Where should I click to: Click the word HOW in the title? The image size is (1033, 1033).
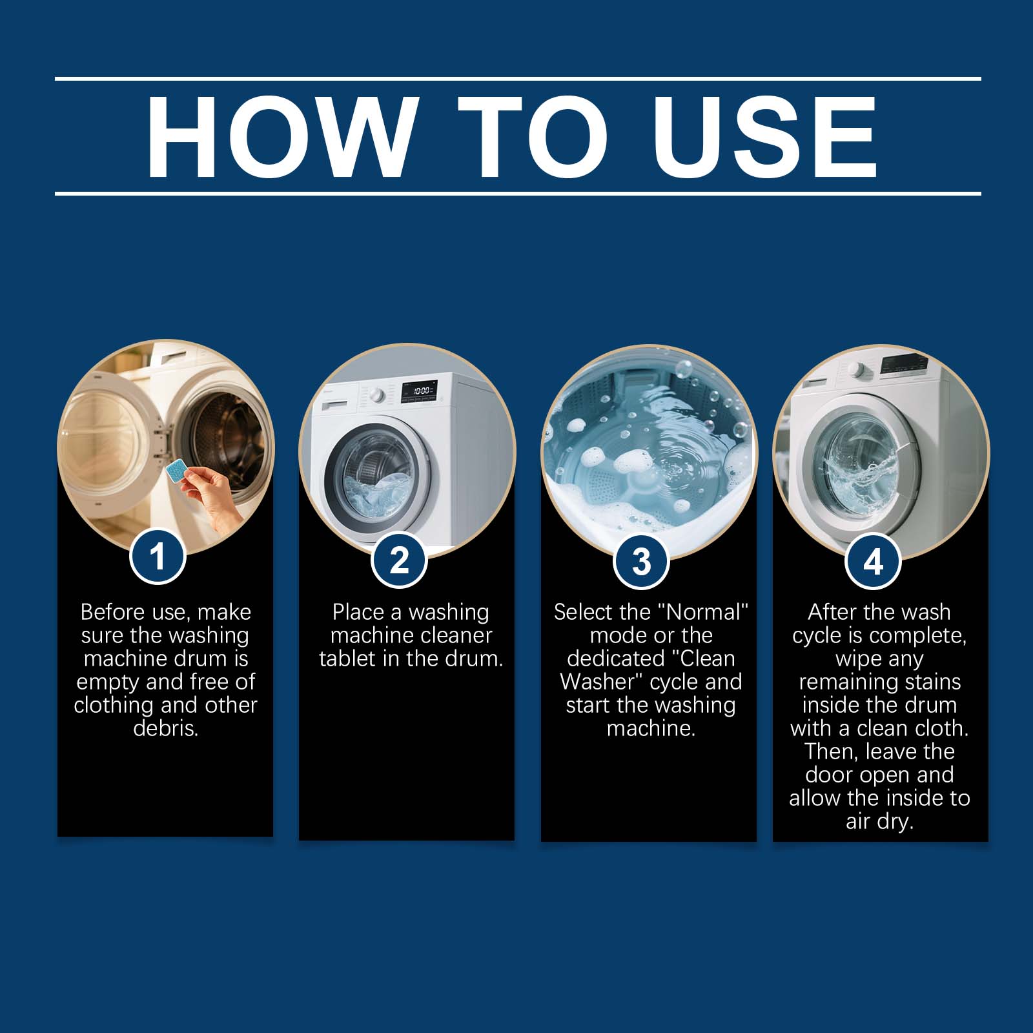[x=280, y=137]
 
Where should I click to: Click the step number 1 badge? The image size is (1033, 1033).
[x=158, y=556]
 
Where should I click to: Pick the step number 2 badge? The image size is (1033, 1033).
[x=400, y=559]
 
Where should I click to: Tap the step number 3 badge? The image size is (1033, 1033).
[x=641, y=561]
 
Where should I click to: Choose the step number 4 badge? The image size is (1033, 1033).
[x=873, y=561]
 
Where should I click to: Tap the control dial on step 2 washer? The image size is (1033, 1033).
[x=377, y=395]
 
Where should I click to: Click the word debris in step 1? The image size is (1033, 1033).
[x=165, y=728]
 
